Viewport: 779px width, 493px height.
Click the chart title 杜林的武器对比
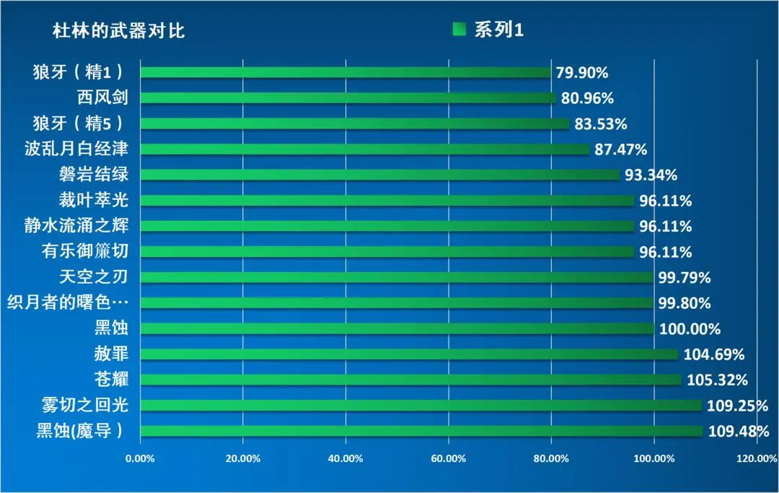[119, 32]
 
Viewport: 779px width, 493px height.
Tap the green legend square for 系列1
[459, 30]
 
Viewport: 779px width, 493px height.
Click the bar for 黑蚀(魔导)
[421, 431]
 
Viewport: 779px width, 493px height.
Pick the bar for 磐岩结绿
[380, 175]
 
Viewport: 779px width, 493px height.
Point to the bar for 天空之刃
[396, 277]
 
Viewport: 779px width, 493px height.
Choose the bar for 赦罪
[409, 354]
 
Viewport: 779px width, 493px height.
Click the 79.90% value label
[582, 73]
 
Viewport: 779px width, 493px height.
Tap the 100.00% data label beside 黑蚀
[690, 329]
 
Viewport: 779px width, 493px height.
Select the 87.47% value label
[621, 149]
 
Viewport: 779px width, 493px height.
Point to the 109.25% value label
[737, 406]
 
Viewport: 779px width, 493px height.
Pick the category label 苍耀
[111, 380]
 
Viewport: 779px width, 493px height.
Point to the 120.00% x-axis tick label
[757, 458]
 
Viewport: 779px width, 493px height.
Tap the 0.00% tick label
[140, 458]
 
